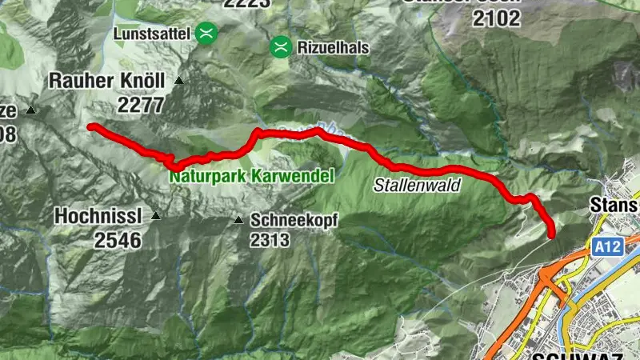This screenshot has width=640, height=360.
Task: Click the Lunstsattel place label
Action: pos(150,33)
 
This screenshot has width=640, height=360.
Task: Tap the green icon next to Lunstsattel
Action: pos(207,33)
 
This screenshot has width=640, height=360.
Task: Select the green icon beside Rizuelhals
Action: pos(280,47)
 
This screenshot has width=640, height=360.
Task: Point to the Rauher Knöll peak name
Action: pos(106,81)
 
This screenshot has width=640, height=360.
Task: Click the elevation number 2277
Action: pos(140,104)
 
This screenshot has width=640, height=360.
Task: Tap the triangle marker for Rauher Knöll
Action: pos(179,81)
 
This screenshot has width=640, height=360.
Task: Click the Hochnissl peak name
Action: pos(99,216)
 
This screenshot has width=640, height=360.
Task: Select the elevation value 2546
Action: pos(116,239)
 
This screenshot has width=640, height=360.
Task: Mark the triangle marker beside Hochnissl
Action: pos(156,216)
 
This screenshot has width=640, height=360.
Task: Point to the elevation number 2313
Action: pos(269,239)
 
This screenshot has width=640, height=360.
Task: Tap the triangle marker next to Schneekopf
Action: pos(238,220)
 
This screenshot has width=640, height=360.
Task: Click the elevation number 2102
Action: pos(497,18)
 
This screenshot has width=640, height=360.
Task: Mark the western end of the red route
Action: pos(90,126)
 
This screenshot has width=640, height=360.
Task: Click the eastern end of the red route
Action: pos(552,234)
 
